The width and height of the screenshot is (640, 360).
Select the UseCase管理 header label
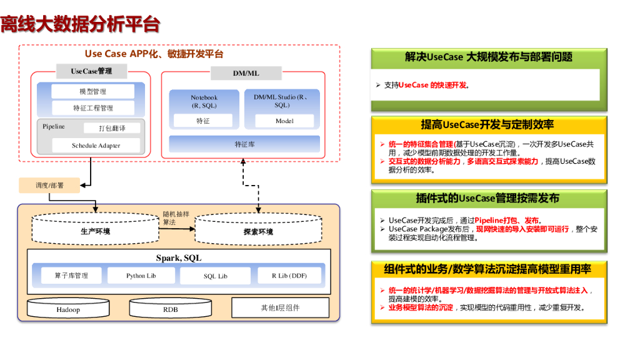click(x=91, y=71)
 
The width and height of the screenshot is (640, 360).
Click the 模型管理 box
click(x=92, y=91)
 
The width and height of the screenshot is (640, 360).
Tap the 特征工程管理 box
click(x=92, y=107)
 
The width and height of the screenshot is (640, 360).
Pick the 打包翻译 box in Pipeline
click(x=112, y=128)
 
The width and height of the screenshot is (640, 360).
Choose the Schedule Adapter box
click(x=96, y=146)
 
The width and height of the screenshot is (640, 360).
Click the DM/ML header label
click(x=246, y=73)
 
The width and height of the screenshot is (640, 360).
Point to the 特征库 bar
click(x=244, y=144)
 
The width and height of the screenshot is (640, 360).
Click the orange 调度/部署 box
click(x=49, y=185)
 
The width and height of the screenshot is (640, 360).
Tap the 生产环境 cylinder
click(x=95, y=229)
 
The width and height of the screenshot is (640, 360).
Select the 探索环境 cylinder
click(x=258, y=230)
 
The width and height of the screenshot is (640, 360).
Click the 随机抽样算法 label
click(x=176, y=217)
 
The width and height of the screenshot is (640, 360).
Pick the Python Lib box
click(x=141, y=276)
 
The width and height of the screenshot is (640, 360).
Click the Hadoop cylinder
click(x=68, y=309)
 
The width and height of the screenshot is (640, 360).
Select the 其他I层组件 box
click(x=280, y=307)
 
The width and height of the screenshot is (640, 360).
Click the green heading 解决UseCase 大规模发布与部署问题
click(x=488, y=57)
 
